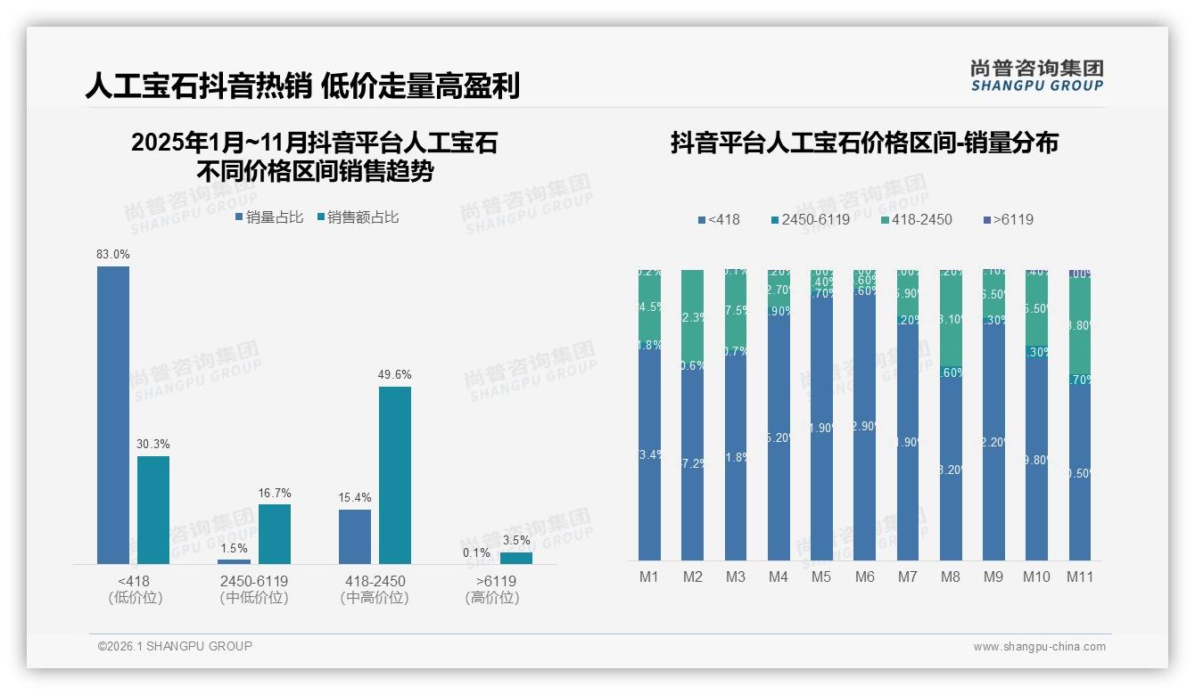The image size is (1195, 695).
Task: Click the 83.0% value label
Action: point(113,254)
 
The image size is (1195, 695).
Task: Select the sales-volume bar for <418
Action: point(113,414)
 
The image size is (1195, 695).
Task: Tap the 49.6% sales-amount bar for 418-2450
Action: point(395,474)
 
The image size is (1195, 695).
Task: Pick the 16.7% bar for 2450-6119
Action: point(275,534)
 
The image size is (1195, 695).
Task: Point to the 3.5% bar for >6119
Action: point(515,558)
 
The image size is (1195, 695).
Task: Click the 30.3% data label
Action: point(153,444)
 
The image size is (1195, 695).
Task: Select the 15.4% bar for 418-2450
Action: point(355,536)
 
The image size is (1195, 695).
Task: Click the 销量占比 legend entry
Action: point(269,217)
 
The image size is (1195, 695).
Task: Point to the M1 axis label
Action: point(649,576)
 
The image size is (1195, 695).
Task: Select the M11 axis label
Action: point(1080,576)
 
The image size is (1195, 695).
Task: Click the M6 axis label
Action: point(864,576)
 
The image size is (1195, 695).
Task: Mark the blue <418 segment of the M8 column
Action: point(951,468)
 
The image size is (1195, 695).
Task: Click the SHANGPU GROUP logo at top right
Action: point(1036,76)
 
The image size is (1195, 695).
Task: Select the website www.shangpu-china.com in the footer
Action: point(1039,647)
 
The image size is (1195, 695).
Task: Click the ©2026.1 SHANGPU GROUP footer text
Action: point(175,646)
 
